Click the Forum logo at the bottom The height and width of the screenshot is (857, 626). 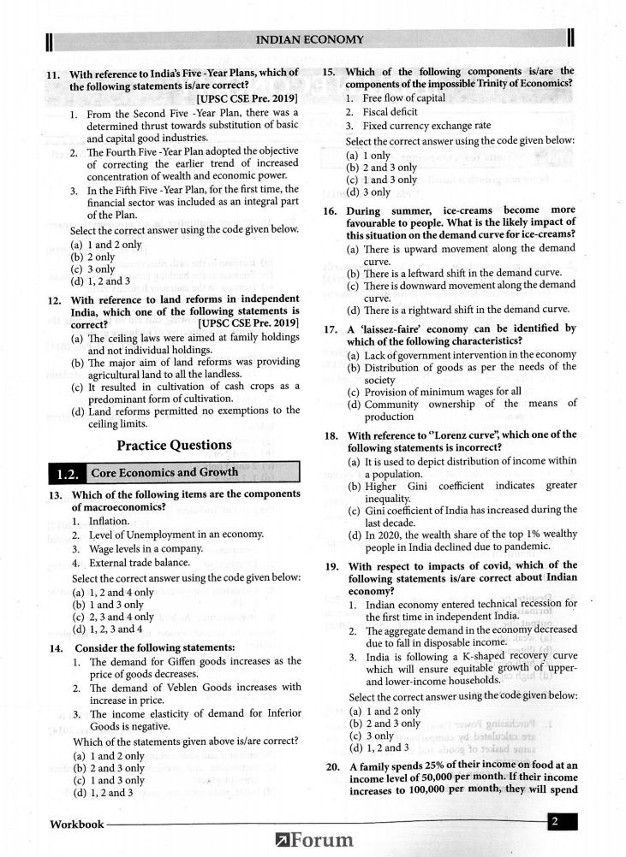pos(313,841)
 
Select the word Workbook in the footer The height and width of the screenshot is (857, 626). pos(75,824)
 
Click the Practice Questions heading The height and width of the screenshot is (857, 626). pos(174,445)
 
